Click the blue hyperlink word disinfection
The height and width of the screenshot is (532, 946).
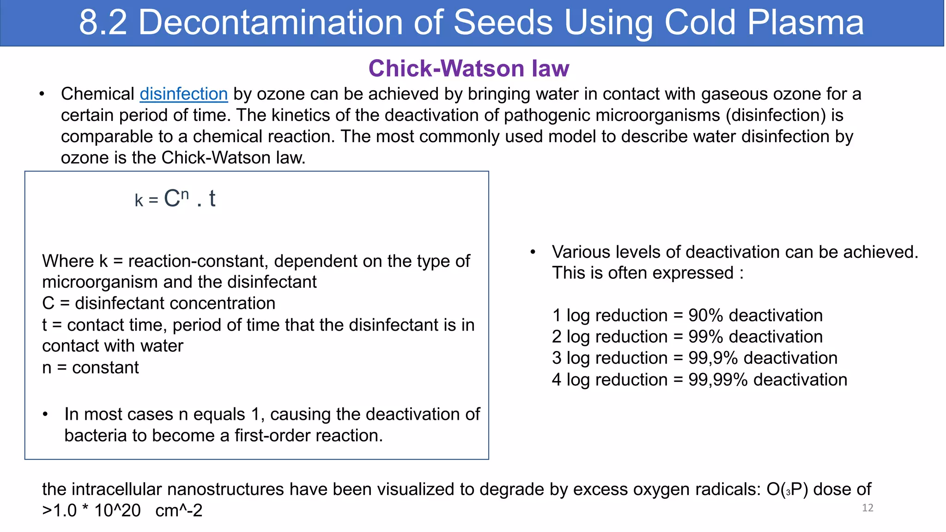click(x=183, y=94)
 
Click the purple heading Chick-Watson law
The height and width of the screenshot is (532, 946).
click(x=468, y=68)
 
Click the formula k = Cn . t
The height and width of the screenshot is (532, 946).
click(x=175, y=199)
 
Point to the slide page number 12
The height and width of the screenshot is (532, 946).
click(x=867, y=508)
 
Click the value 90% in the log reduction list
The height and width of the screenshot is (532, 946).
click(x=705, y=315)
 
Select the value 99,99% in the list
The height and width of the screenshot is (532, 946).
click(x=718, y=380)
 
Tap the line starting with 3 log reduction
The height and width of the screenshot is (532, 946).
click(x=694, y=358)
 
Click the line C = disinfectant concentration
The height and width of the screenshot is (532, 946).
click(x=158, y=303)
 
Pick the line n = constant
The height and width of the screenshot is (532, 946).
click(x=90, y=368)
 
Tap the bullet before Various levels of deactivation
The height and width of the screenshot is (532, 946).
click(x=533, y=252)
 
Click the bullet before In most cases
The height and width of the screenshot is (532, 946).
click(x=45, y=414)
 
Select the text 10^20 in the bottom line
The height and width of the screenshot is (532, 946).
click(x=117, y=511)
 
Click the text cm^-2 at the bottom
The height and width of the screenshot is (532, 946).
click(x=179, y=511)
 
